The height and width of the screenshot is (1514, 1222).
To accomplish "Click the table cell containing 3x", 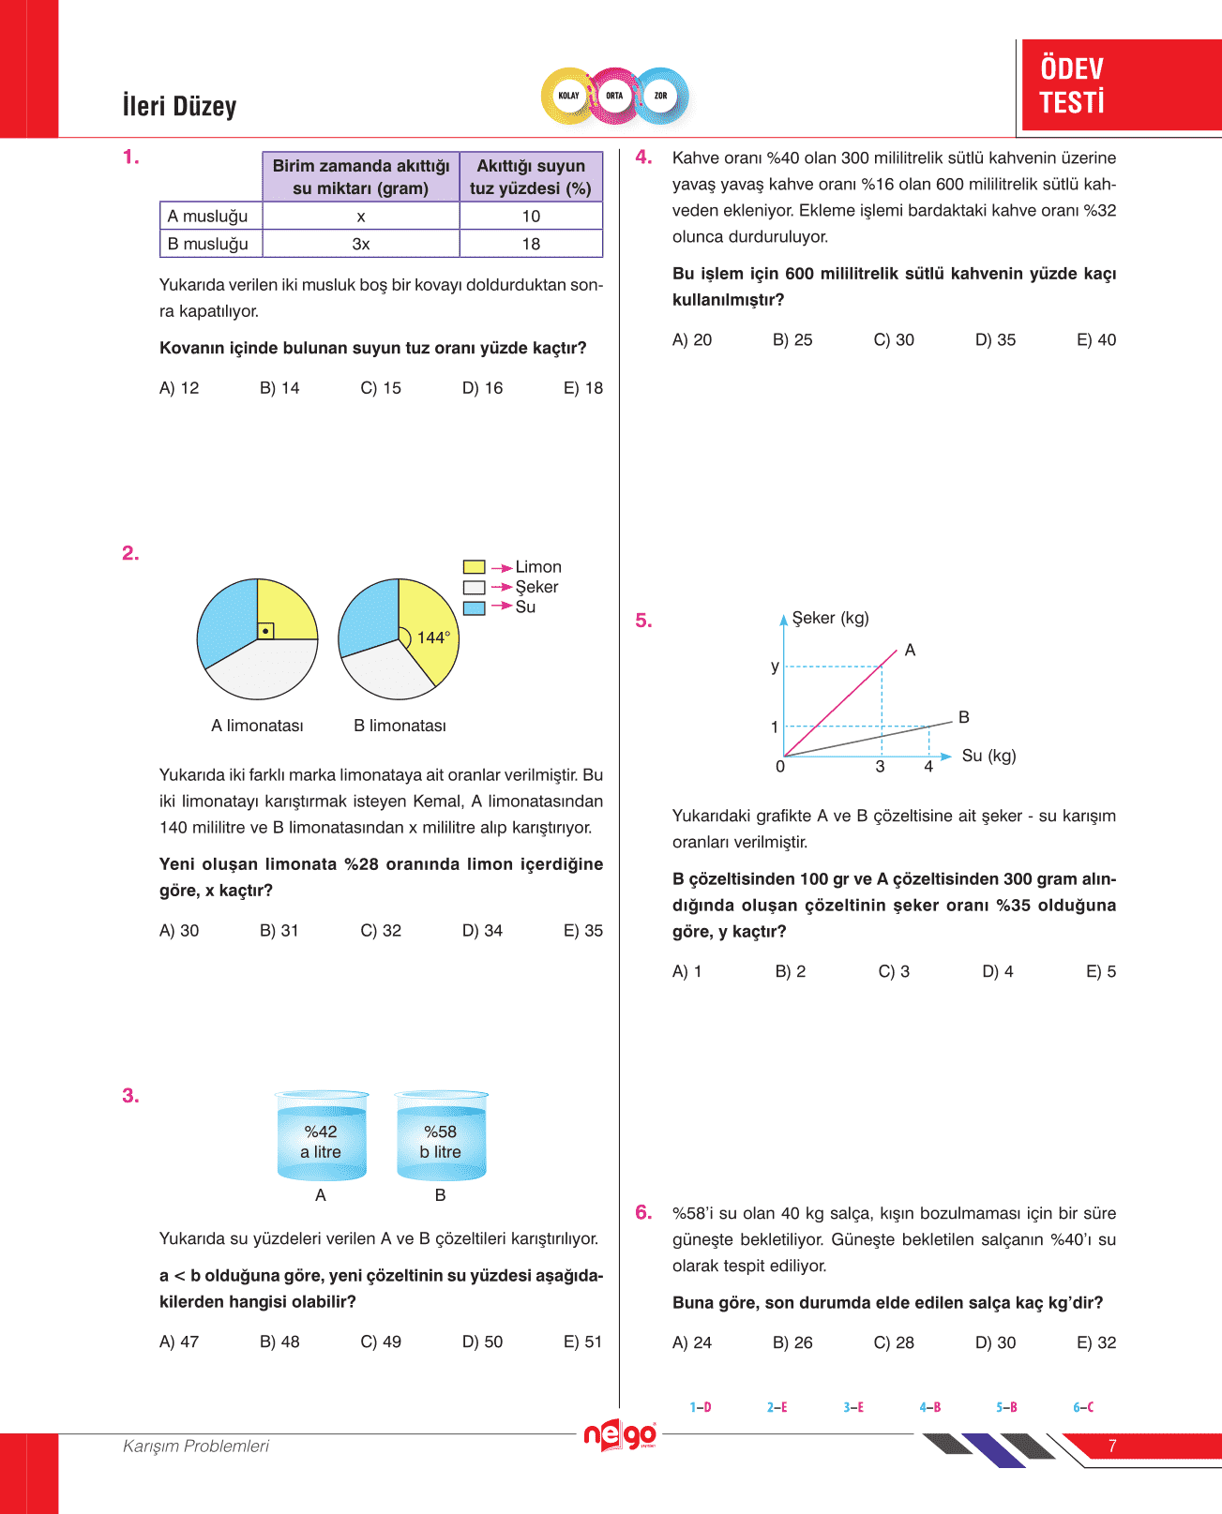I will [361, 244].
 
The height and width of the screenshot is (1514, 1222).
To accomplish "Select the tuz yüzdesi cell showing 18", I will [531, 244].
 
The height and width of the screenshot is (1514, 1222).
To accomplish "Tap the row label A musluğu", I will [208, 216].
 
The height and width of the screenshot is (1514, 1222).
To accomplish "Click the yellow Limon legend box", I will [474, 567].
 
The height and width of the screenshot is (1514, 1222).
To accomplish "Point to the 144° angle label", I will [433, 637].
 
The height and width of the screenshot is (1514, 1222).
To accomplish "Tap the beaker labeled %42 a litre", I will [321, 1137].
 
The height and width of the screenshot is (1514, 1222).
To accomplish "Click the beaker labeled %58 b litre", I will [441, 1137].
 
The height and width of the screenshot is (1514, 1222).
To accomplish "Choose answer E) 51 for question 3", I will [582, 1342].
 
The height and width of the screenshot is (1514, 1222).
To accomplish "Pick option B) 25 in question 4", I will [792, 339].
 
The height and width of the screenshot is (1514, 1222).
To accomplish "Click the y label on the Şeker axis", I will [775, 667].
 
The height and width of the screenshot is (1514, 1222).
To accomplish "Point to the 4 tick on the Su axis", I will [928, 767].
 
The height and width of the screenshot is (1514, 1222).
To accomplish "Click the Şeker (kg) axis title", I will [830, 618].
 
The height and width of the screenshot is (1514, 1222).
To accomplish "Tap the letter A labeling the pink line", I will [910, 650].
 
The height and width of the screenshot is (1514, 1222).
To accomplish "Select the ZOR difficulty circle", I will [661, 96].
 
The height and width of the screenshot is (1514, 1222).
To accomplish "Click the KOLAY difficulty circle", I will [568, 96].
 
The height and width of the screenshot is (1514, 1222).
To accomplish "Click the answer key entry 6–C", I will [1083, 1407].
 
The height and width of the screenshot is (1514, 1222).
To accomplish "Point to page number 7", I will [1112, 1446].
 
